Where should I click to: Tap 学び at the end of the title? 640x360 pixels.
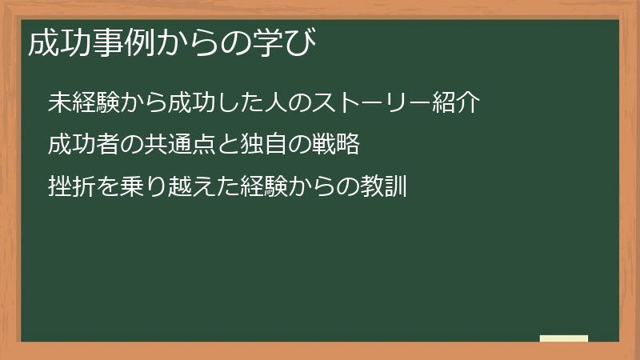(x=284, y=42)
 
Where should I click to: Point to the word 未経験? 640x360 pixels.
(x=84, y=102)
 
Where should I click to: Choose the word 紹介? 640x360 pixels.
(x=455, y=102)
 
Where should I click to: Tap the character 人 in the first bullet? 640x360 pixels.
(x=275, y=102)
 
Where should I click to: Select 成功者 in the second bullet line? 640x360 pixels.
(x=84, y=144)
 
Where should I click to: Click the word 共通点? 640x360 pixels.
(x=179, y=144)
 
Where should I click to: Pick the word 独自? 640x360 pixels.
(x=263, y=144)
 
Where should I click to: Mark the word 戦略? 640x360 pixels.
(x=335, y=144)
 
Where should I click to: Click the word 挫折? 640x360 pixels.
(x=72, y=186)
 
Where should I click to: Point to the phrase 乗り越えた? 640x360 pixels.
(x=179, y=186)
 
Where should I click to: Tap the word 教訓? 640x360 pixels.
(x=383, y=186)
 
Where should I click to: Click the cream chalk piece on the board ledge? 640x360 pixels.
(x=564, y=338)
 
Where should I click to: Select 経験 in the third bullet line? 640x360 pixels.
(x=264, y=186)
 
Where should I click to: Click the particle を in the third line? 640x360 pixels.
(x=108, y=186)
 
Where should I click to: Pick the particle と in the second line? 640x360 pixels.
(x=228, y=144)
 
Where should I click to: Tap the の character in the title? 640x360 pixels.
(x=236, y=43)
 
